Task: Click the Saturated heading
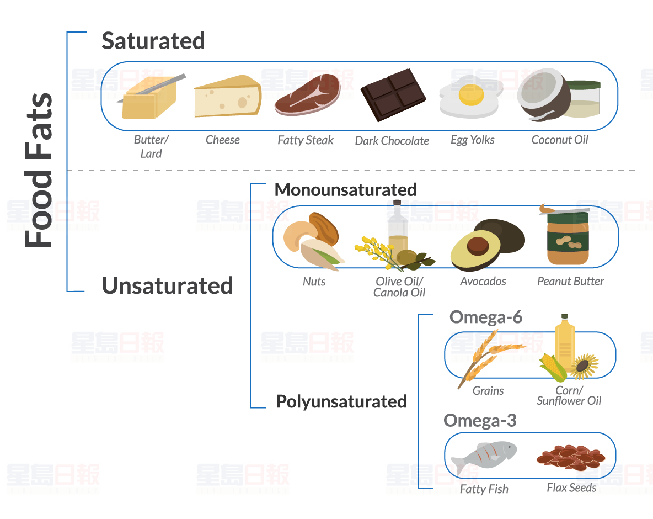pos(153,41)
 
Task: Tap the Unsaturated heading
pos(167,286)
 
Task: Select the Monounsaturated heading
pos(345,189)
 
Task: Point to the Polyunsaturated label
pos(341,401)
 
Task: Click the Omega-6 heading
pos(485,317)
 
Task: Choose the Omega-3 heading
pos(480,421)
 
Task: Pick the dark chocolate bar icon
pos(393,94)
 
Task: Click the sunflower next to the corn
pos(585,367)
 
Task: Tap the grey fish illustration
pos(483,455)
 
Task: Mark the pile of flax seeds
pos(570,458)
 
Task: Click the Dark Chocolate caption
pos(392,141)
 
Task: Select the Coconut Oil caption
pos(559,140)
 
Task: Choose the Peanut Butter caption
pos(570,282)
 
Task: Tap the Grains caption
pos(488,391)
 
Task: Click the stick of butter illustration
pos(148,99)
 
